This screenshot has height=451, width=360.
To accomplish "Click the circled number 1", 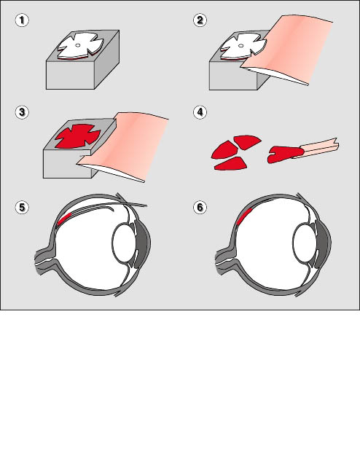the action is pyautogui.click(x=22, y=20).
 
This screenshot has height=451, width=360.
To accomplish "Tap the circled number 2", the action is pyautogui.click(x=200, y=20).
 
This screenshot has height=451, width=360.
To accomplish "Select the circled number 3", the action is pyautogui.click(x=22, y=112).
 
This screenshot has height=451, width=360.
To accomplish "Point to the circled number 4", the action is pyautogui.click(x=200, y=112).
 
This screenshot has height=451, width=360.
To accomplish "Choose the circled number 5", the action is pyautogui.click(x=22, y=208).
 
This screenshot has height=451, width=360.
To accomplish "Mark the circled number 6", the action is pyautogui.click(x=200, y=208).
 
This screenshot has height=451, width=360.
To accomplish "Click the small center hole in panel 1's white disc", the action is pyautogui.click(x=77, y=45).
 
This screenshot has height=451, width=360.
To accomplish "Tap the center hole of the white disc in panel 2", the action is pyautogui.click(x=241, y=46).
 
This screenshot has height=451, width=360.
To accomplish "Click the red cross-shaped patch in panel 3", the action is pyautogui.click(x=78, y=137).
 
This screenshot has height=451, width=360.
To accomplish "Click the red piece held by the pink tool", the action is pyautogui.click(x=285, y=154).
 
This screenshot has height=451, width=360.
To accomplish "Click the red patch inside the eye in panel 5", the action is pyautogui.click(x=64, y=219).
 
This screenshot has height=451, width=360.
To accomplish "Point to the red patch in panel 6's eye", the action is pyautogui.click(x=245, y=216).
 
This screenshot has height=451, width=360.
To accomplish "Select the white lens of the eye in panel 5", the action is pyautogui.click(x=124, y=243).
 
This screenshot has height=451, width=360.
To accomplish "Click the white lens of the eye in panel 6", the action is pyautogui.click(x=305, y=243).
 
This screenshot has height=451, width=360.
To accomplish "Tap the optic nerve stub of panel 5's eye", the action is pyautogui.click(x=44, y=261).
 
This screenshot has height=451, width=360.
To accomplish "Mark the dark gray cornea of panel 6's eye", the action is pyautogui.click(x=324, y=243).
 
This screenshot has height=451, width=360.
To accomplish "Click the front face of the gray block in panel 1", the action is pyautogui.click(x=70, y=75).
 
